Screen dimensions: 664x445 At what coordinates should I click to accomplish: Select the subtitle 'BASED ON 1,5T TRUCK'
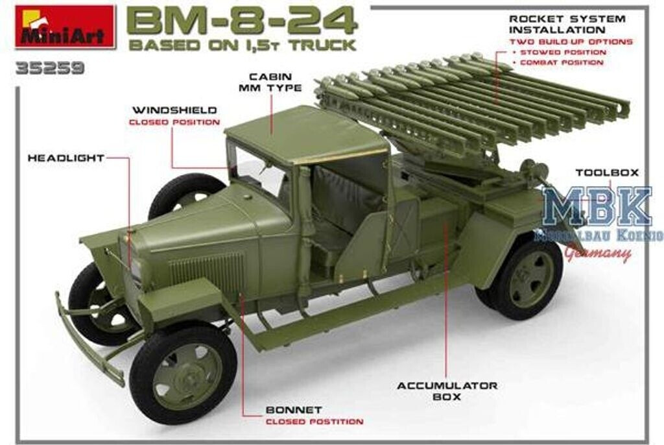[243, 46]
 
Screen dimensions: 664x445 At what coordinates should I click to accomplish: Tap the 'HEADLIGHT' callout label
[65, 158]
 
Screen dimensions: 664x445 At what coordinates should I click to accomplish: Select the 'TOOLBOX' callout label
[608, 173]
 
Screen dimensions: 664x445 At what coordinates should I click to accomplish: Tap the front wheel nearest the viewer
[183, 375]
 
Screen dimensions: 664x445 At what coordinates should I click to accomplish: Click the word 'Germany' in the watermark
[597, 254]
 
